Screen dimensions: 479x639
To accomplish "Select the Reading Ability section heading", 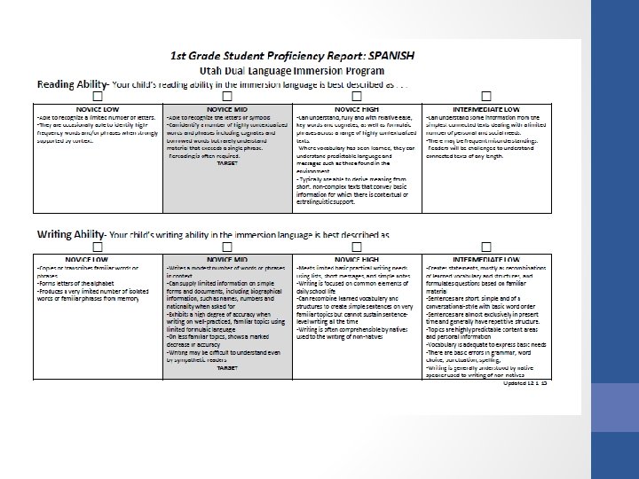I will [x=71, y=84].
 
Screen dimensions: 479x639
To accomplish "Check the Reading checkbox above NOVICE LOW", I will [x=97, y=95].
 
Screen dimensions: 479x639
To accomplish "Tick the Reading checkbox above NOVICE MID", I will [x=227, y=95].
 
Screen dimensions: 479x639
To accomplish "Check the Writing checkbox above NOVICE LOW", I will [x=97, y=245].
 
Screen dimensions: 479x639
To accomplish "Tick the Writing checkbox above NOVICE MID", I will [x=227, y=245].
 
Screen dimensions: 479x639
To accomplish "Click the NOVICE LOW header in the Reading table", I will [x=98, y=107].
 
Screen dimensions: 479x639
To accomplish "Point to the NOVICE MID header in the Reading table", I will [x=227, y=107].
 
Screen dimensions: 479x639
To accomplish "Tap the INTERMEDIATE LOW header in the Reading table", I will [x=486, y=107].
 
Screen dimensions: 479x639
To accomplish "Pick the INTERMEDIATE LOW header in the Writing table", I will [x=486, y=257].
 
